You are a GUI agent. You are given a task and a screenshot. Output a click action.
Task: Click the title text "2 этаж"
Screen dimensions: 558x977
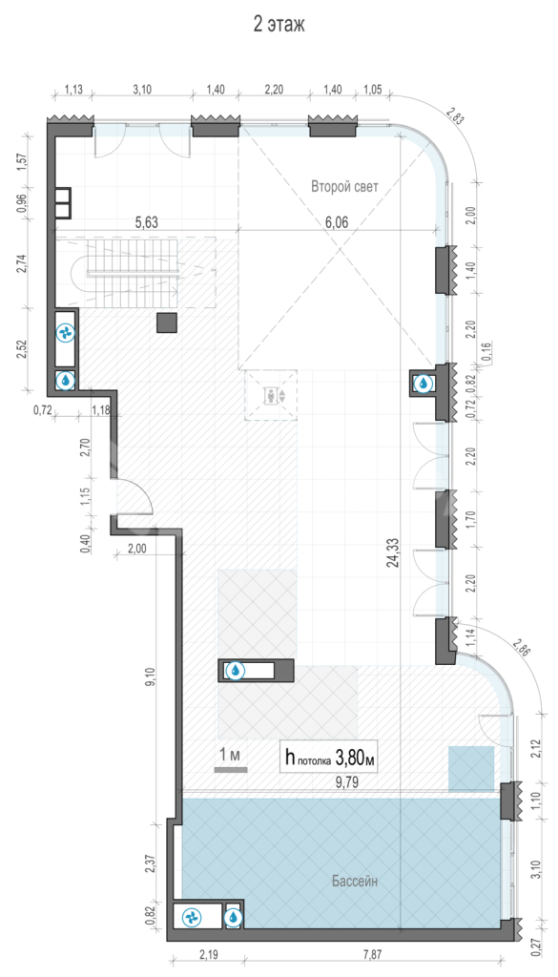279,24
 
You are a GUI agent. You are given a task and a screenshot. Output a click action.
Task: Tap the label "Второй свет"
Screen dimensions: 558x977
344,186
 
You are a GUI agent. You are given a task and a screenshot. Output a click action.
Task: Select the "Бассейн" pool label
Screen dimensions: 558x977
355,881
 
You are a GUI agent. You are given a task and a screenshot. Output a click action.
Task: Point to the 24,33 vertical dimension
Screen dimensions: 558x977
393,553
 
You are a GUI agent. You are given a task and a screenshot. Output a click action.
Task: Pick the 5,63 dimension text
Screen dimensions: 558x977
147,222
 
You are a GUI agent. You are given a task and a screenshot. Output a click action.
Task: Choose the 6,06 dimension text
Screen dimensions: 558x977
337,222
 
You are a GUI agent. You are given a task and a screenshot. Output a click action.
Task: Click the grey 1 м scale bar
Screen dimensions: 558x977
231,770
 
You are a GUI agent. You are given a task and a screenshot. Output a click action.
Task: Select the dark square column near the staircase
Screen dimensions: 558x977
167,322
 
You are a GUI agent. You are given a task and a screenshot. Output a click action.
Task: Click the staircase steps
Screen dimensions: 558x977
134,273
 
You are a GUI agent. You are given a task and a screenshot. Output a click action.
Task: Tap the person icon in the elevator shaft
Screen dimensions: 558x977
271,395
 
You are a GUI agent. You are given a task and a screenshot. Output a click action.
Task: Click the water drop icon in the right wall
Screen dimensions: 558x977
424,383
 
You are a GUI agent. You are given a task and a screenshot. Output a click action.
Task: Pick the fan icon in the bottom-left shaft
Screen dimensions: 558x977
191,917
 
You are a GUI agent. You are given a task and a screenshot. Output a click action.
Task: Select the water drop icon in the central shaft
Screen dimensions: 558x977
236,671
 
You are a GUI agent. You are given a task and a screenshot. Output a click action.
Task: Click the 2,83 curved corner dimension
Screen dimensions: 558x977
455,116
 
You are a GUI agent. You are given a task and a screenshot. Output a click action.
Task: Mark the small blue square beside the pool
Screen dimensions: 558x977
471,769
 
